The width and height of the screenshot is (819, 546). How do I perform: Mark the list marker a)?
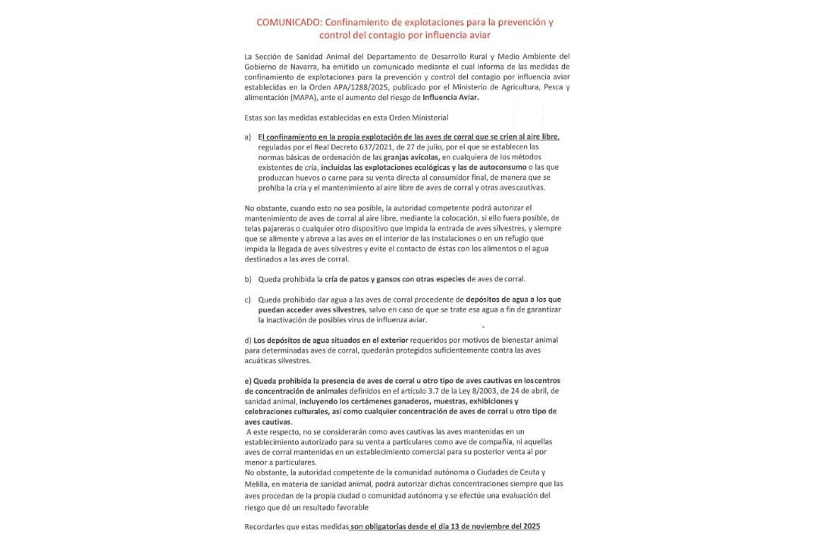click(x=248, y=136)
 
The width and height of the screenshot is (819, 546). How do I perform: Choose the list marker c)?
click(x=248, y=300)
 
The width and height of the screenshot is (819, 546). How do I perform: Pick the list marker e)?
click(x=248, y=380)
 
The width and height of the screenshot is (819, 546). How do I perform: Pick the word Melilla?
click(x=257, y=483)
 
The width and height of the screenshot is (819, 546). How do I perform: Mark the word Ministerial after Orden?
click(x=429, y=118)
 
